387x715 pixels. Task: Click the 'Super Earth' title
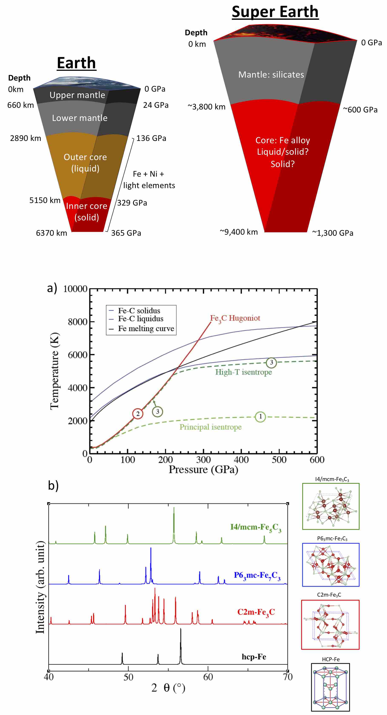point(275,12)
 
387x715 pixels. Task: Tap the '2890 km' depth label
point(26,138)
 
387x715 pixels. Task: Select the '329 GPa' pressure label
point(132,203)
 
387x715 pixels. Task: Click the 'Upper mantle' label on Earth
point(77,95)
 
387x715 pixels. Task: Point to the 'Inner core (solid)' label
point(86,211)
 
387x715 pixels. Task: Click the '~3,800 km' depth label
point(206,107)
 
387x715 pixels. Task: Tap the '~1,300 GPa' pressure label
point(333,233)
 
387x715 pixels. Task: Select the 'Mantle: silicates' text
point(271,75)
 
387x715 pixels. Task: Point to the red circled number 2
point(138,414)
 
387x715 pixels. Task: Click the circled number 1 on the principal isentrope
point(260,416)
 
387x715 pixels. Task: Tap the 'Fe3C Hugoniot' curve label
point(235,318)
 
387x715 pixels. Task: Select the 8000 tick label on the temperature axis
point(77,322)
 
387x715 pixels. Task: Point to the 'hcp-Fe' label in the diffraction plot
point(254,657)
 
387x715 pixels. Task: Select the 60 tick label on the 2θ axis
point(208,677)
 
